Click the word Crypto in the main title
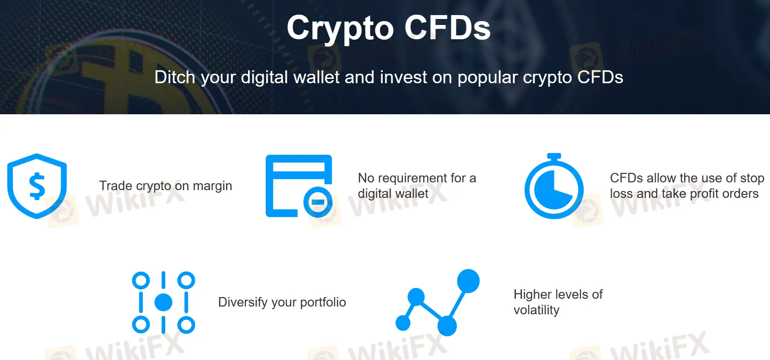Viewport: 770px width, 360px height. pyautogui.click(x=340, y=28)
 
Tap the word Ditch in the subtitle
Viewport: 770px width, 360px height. pyautogui.click(x=175, y=78)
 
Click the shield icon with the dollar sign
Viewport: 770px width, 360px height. pyautogui.click(x=37, y=186)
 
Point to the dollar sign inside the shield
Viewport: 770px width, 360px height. pyautogui.click(x=37, y=186)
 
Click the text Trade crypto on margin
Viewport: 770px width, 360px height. pyautogui.click(x=165, y=186)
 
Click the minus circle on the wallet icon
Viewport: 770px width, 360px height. pyautogui.click(x=318, y=202)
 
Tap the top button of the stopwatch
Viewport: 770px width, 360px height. pyautogui.click(x=554, y=156)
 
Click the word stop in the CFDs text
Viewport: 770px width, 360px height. pyautogui.click(x=752, y=178)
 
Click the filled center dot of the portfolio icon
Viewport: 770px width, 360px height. pyautogui.click(x=163, y=302)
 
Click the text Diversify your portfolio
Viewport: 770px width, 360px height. pyautogui.click(x=282, y=302)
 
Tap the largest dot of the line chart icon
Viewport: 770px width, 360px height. pyautogui.click(x=468, y=281)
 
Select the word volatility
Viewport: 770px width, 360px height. pyautogui.click(x=536, y=310)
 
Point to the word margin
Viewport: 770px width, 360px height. pyautogui.click(x=212, y=186)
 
